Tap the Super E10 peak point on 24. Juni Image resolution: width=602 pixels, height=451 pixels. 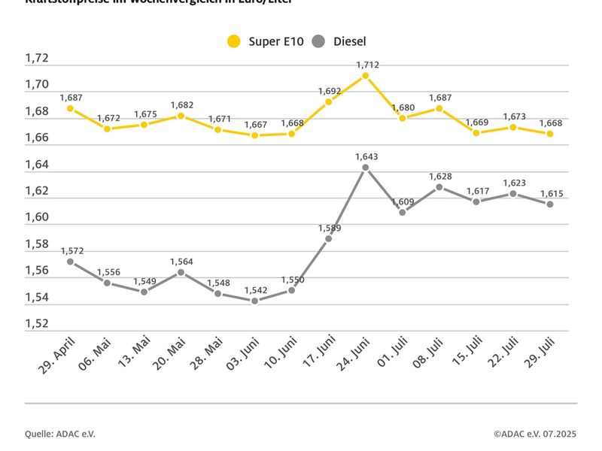click(x=366, y=75)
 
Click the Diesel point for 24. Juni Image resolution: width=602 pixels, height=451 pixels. click(x=366, y=168)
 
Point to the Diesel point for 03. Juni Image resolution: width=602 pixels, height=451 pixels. click(x=255, y=301)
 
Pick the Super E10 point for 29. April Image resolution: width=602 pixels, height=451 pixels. click(x=70, y=108)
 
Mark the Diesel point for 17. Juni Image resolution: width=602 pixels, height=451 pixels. click(x=329, y=239)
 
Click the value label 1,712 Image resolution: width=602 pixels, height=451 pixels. click(x=366, y=65)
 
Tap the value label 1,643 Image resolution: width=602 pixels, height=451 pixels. click(x=366, y=156)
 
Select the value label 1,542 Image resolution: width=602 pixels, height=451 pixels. click(x=255, y=289)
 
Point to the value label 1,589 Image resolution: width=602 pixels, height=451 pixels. click(x=329, y=228)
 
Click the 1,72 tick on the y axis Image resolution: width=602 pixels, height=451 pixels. click(x=37, y=58)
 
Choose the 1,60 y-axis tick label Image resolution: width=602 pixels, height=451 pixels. click(x=37, y=217)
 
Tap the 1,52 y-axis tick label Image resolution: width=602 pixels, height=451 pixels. click(x=37, y=324)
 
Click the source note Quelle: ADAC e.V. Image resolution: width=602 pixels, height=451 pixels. click(x=60, y=434)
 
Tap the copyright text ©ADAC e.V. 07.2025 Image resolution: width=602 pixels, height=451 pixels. click(x=535, y=434)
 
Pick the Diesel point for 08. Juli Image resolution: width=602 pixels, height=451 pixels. click(x=439, y=186)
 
